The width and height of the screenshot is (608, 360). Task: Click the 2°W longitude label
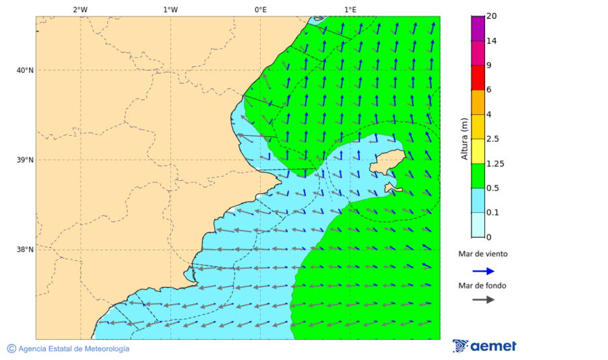pos(80,9)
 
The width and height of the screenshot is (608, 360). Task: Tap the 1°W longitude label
pos(170,9)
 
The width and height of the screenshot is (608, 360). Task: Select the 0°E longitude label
pos(260,9)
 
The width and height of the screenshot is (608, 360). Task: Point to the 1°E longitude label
pos(350,9)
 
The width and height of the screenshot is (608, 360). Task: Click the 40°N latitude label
pos(25,70)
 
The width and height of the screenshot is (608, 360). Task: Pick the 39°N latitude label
pos(25,160)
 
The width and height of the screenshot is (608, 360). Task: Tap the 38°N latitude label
pos(25,249)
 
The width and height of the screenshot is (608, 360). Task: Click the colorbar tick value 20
pos(491,16)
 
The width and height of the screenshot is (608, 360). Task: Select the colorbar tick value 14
pos(491,41)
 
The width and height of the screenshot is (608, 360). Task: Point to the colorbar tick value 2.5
pos(493,139)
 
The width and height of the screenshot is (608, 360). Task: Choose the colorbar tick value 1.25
pos(495,163)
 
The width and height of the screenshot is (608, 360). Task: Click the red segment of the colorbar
pos(478,78)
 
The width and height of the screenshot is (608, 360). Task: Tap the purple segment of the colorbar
pos(478,28)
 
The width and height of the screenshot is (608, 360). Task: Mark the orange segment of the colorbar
pos(478,102)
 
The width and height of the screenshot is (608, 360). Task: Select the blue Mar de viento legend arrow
pos(483,271)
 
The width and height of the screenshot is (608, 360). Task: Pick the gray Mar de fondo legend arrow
pos(483,300)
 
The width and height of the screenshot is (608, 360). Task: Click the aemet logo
pos(484,346)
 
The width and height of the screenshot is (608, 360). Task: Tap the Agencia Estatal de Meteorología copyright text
pos(68,349)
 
